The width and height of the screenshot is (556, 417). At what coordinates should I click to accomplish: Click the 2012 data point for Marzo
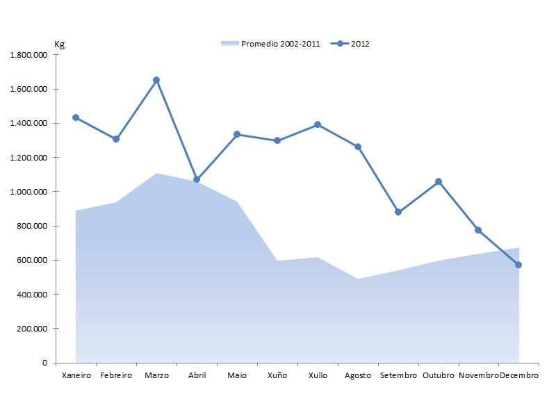click(x=156, y=80)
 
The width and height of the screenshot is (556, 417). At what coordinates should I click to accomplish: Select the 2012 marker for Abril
click(x=197, y=179)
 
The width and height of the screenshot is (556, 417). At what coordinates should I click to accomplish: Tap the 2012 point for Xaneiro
click(x=76, y=117)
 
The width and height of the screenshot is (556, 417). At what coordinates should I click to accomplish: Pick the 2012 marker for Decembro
click(x=518, y=265)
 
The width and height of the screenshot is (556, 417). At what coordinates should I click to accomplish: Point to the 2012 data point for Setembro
click(x=398, y=212)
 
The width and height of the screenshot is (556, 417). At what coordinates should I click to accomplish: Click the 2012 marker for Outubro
click(x=439, y=181)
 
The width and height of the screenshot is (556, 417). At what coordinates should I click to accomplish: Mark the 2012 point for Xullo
click(x=318, y=124)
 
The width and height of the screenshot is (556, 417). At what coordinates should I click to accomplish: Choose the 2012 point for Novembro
click(x=478, y=230)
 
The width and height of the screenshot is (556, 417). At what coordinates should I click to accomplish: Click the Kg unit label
click(x=59, y=44)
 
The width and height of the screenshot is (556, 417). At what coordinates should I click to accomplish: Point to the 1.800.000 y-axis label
click(x=28, y=55)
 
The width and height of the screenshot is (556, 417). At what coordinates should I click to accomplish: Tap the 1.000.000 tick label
click(x=28, y=192)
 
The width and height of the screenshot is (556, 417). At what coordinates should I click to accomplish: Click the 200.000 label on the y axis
click(x=31, y=329)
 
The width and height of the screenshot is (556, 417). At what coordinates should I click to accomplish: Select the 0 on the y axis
click(x=44, y=363)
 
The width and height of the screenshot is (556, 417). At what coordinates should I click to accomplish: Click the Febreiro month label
click(x=116, y=375)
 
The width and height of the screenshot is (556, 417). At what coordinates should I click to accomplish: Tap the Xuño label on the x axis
click(x=277, y=375)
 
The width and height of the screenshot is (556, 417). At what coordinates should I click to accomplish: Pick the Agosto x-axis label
click(x=358, y=375)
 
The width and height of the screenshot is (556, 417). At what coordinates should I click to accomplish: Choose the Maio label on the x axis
click(x=237, y=375)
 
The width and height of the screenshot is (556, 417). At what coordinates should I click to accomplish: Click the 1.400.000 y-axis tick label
click(x=28, y=123)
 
